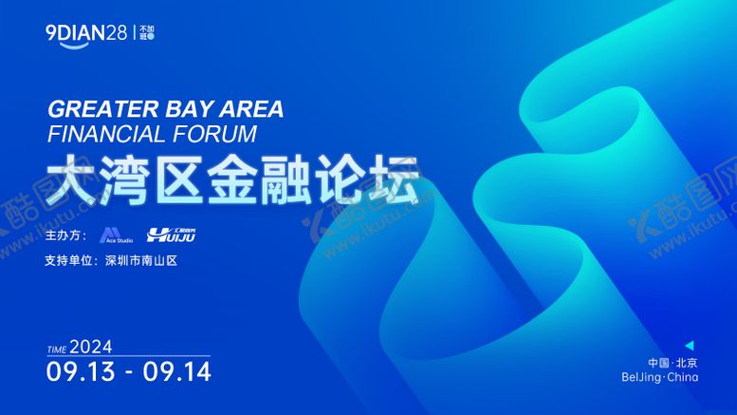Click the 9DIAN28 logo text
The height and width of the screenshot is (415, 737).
[86, 33]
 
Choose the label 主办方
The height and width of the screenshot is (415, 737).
[64, 235]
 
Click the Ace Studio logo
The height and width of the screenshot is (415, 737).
[115, 235]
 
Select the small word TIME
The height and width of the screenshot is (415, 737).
[56, 349]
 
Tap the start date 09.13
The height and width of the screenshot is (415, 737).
[80, 370]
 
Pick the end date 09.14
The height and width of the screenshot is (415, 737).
[177, 370]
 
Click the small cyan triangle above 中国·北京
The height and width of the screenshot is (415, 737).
[690, 345]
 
